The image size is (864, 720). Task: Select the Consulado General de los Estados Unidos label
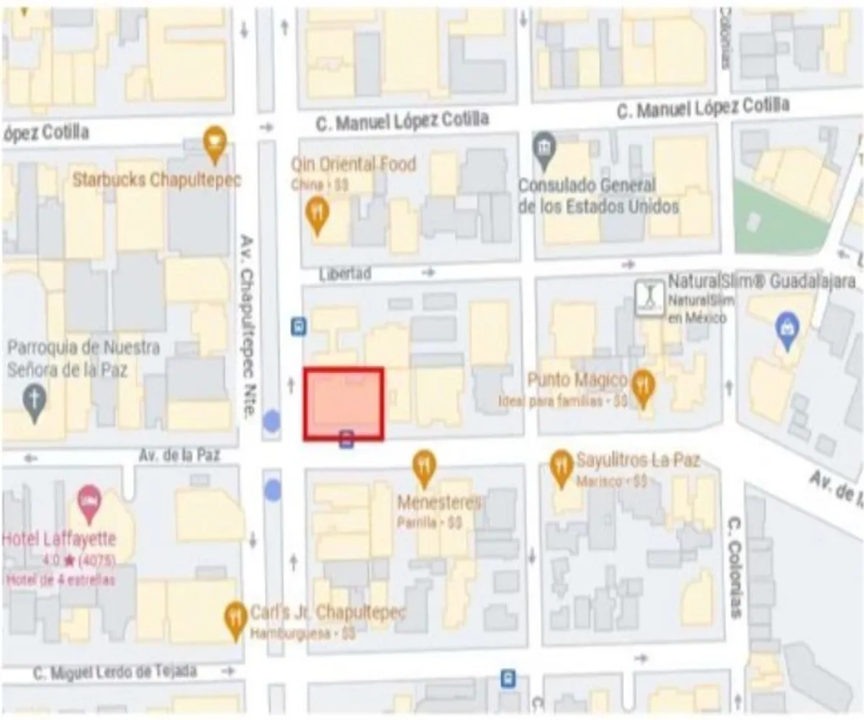tap(598, 196)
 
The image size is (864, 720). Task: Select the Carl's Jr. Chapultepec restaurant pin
tap(235, 620)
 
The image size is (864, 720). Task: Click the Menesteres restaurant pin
tap(424, 468)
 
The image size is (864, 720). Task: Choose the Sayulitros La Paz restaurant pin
tap(562, 468)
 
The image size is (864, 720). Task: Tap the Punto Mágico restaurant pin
tap(642, 389)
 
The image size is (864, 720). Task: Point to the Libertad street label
tap(346, 274)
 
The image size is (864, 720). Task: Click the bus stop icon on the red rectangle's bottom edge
tap(346, 438)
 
